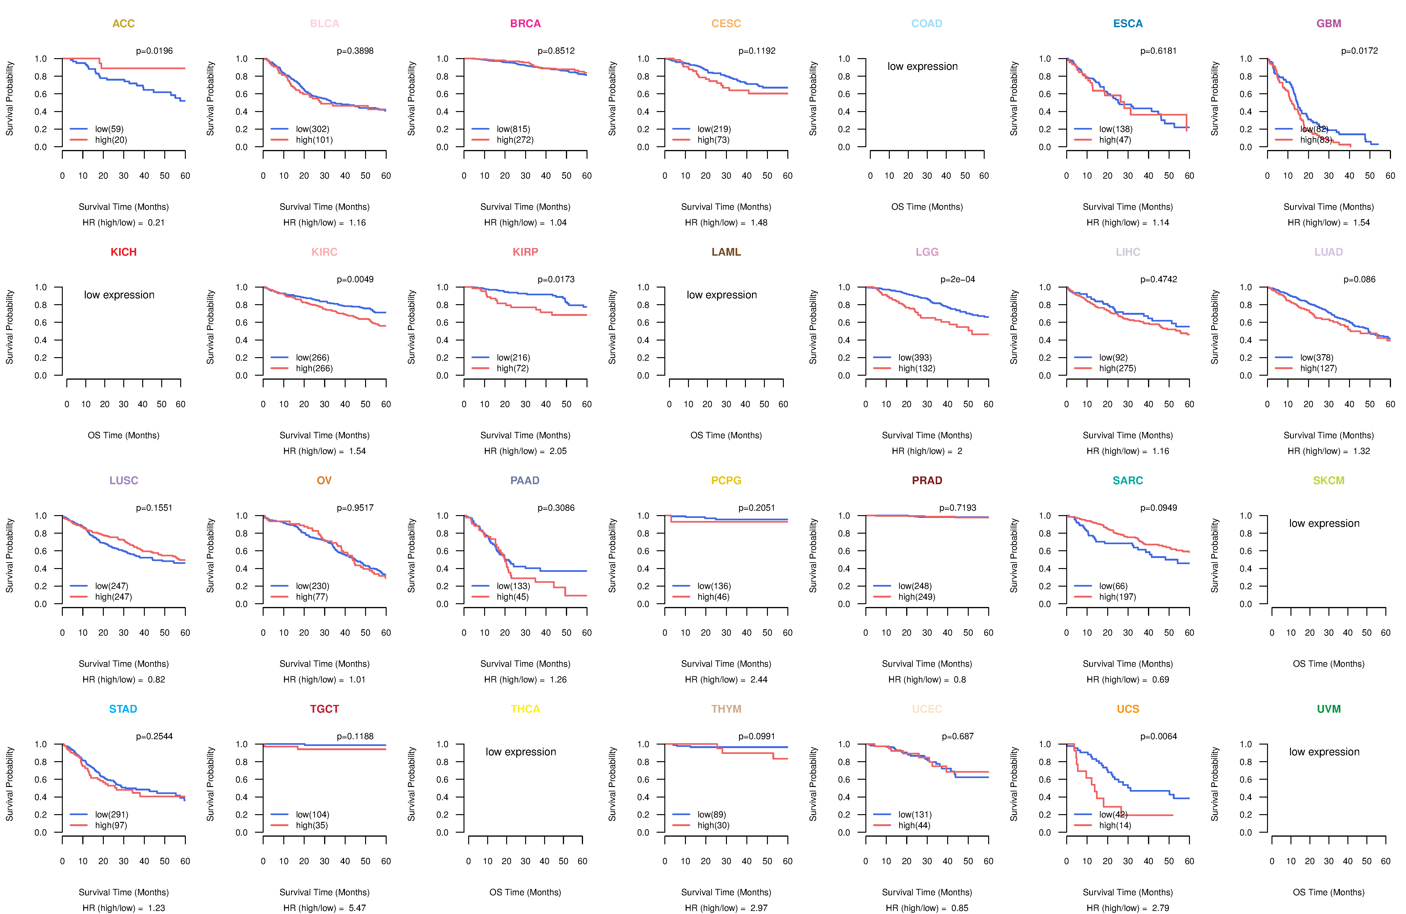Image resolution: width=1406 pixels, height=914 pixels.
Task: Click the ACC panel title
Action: (x=123, y=24)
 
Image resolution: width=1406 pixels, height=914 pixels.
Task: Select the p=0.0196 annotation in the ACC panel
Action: (x=154, y=51)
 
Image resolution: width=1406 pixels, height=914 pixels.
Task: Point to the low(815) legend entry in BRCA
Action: (x=513, y=129)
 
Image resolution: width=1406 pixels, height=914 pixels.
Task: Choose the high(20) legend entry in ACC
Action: (x=110, y=140)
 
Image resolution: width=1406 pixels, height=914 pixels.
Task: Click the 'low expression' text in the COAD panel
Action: (x=922, y=66)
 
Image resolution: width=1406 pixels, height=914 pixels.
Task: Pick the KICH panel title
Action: (x=123, y=252)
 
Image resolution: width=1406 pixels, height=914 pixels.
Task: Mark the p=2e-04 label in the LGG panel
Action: (x=958, y=279)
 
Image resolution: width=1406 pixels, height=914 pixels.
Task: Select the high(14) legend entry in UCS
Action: (x=1115, y=825)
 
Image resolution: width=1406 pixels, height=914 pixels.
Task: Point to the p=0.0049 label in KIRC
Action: (x=355, y=279)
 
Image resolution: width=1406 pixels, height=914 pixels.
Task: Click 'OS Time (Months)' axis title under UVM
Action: (x=1329, y=892)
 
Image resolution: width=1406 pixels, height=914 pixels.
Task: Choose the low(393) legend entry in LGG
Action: (x=915, y=357)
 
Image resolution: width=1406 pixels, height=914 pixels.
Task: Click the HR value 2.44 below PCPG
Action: (x=759, y=679)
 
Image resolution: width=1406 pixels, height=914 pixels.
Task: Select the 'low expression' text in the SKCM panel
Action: (x=1324, y=524)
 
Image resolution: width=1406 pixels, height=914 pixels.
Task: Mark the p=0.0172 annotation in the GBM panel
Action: (x=1359, y=51)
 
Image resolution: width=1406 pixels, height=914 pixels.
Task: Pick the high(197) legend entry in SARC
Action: (x=1117, y=597)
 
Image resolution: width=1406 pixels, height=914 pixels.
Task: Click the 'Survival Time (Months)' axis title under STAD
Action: (x=123, y=892)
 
